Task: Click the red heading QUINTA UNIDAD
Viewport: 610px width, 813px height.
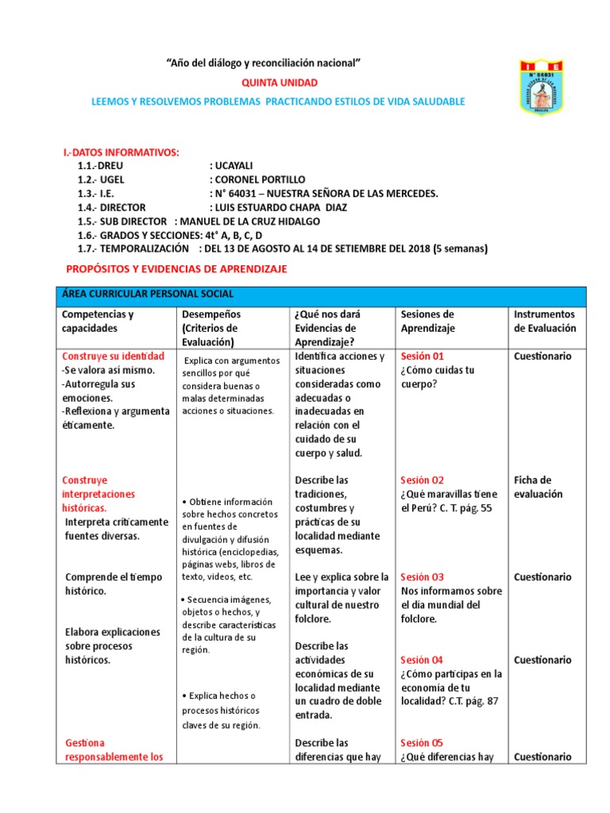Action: pyautogui.click(x=279, y=83)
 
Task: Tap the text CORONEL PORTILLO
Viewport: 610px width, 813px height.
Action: pyautogui.click(x=261, y=179)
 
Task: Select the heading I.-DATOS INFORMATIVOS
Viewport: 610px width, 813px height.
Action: pyautogui.click(x=121, y=152)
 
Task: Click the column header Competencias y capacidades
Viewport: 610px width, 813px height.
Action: pyautogui.click(x=98, y=321)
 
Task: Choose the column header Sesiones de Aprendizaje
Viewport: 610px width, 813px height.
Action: pyautogui.click(x=427, y=321)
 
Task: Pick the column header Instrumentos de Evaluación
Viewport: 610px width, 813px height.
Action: pyautogui.click(x=545, y=321)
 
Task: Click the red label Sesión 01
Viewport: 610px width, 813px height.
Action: pyautogui.click(x=423, y=356)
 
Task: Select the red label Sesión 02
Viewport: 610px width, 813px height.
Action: pyautogui.click(x=423, y=480)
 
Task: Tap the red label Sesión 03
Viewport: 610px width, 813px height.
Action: pyautogui.click(x=423, y=577)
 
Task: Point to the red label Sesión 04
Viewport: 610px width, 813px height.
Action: pyautogui.click(x=423, y=660)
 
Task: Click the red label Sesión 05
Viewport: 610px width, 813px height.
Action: pyautogui.click(x=423, y=743)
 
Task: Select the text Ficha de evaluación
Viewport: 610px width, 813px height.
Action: pyautogui.click(x=538, y=487)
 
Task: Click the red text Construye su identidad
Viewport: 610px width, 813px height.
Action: pyautogui.click(x=113, y=356)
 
